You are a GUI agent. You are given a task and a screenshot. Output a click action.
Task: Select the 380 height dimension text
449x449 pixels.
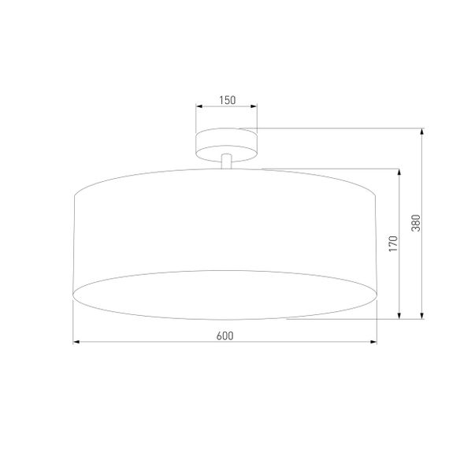pyautogui.click(x=416, y=224)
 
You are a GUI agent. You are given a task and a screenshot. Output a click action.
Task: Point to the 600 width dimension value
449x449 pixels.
pyautogui.click(x=224, y=336)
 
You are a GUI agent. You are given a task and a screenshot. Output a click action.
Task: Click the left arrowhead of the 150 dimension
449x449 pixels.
pyautogui.click(x=199, y=107)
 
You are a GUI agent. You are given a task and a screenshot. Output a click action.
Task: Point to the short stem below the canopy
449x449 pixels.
pyautogui.click(x=227, y=160)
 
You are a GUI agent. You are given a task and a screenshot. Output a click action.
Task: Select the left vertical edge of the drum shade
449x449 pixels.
pyautogui.click(x=73, y=244)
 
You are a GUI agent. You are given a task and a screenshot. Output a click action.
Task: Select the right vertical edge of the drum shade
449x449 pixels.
pyautogui.click(x=378, y=244)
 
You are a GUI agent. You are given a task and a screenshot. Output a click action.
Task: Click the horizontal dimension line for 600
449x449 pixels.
pyautogui.click(x=158, y=343)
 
